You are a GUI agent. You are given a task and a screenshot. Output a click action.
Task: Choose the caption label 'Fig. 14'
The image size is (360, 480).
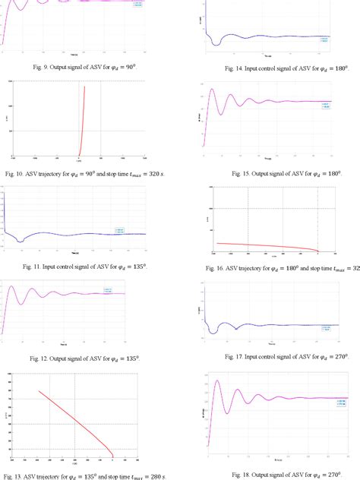(x=235, y=68)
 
